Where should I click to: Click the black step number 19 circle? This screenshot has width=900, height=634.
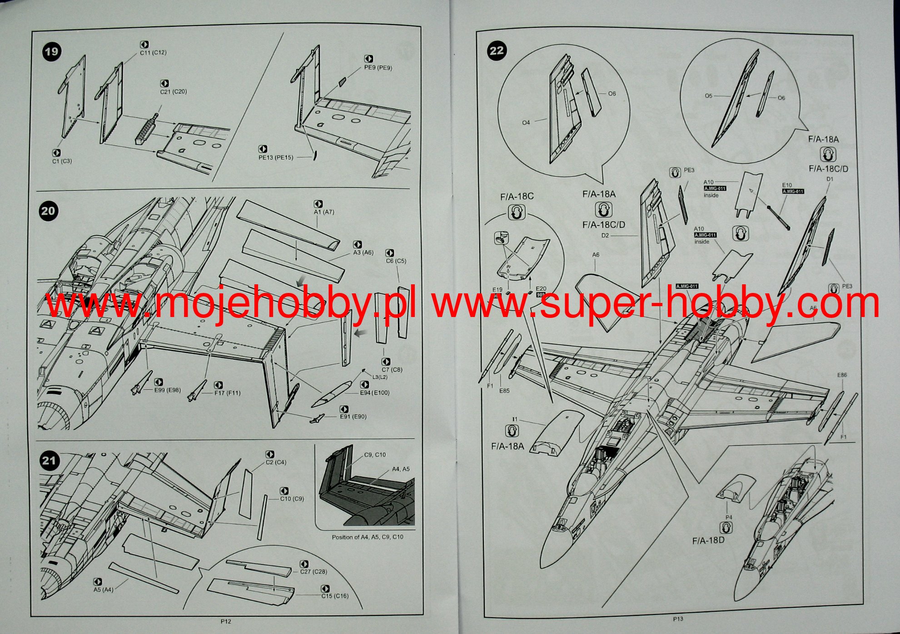click(51, 51)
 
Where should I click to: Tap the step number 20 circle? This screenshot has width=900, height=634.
click(48, 211)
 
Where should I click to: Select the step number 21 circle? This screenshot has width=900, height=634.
click(49, 461)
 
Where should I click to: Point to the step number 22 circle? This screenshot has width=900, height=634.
click(497, 50)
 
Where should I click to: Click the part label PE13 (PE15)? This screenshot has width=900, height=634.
click(276, 158)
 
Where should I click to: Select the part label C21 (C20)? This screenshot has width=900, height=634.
click(173, 92)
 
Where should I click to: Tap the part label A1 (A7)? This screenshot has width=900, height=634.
click(324, 212)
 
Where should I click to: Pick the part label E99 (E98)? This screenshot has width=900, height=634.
click(167, 390)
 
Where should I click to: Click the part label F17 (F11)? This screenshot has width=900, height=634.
click(227, 393)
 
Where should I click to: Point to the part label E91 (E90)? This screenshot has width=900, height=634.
click(353, 417)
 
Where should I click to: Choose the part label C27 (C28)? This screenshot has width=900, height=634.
click(313, 572)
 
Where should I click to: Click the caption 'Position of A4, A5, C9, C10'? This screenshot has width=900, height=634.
click(367, 537)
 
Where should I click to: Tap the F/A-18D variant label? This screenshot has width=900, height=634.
click(708, 541)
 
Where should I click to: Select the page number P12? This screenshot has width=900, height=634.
click(226, 622)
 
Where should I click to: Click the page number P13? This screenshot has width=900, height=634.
click(678, 619)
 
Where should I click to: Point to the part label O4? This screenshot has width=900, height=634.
click(526, 123)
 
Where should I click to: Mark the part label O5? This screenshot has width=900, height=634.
click(709, 96)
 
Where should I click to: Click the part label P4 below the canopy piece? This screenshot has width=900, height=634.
click(729, 517)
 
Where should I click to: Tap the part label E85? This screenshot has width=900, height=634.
click(504, 391)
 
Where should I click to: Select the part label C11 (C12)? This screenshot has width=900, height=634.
click(153, 53)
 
